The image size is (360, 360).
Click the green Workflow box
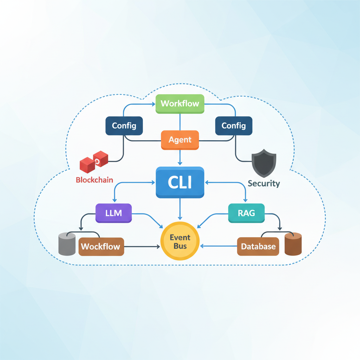[180, 104]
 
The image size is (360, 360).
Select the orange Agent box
[180, 140]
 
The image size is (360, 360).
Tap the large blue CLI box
[180, 182]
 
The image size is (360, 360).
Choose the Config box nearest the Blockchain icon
[124, 126]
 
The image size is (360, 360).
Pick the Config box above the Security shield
[233, 126]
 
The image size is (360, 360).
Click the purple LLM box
[114, 213]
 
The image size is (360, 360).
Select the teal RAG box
[246, 213]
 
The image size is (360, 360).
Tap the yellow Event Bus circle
[180, 242]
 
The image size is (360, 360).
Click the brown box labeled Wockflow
[101, 246]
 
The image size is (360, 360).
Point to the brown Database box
[258, 246]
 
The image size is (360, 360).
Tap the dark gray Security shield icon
[264, 162]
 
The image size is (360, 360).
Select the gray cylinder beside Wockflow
[67, 244]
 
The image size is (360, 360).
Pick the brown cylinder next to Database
[293, 244]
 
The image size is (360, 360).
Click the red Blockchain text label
[94, 180]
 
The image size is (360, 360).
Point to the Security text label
[264, 183]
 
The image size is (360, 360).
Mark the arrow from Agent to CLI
[180, 157]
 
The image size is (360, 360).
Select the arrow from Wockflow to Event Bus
[142, 247]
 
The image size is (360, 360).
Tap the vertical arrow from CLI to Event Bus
[180, 209]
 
